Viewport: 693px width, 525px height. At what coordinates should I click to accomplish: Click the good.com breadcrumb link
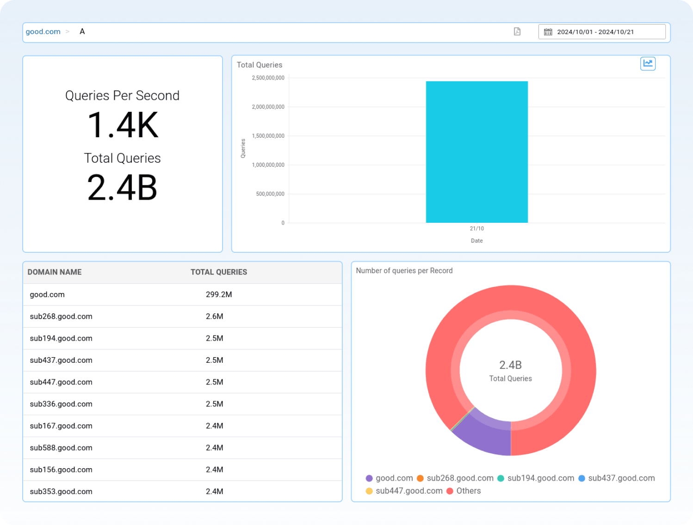[43, 31]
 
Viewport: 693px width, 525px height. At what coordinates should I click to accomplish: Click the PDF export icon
[517, 31]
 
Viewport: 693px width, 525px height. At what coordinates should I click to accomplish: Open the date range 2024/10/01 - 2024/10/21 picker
[601, 32]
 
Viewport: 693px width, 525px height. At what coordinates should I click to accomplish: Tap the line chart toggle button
[648, 63]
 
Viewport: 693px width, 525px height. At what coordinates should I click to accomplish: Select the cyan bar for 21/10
[476, 152]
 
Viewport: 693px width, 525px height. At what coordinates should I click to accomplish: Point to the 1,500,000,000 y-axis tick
[268, 136]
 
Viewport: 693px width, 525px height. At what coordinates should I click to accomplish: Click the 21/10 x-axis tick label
[476, 228]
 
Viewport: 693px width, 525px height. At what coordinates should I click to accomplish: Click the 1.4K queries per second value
[123, 125]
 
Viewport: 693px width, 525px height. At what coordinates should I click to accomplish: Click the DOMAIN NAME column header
[55, 272]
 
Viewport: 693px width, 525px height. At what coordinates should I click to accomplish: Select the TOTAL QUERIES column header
[219, 272]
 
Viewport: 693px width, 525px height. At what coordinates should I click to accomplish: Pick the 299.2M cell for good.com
[219, 294]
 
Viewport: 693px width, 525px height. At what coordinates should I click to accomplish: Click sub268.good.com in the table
[61, 317]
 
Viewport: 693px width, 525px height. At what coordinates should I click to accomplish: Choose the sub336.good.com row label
[61, 404]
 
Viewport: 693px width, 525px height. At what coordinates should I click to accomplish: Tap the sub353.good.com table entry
[61, 491]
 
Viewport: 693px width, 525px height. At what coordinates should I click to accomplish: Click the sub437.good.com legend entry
[621, 478]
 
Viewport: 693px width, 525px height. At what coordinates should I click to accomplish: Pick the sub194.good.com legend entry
[540, 478]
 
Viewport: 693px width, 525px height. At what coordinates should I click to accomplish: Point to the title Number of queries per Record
[404, 271]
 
